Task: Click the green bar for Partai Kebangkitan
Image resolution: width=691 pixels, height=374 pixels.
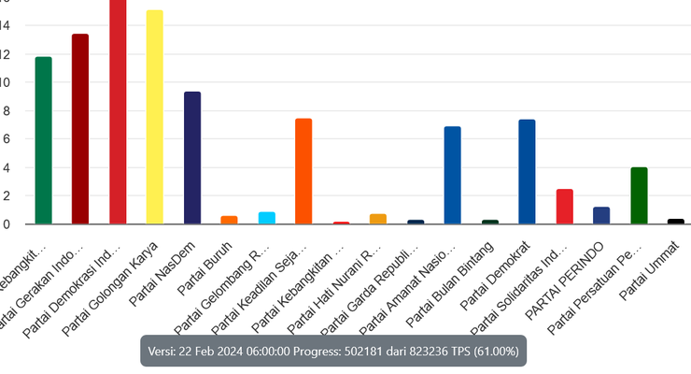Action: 43,140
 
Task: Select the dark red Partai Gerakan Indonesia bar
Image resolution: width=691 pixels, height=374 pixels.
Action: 80,129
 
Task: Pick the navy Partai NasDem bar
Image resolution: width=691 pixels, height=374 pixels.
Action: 191,157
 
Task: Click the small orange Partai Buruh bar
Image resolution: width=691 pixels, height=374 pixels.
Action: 229,220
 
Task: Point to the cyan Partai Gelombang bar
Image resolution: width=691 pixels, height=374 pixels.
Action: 266,218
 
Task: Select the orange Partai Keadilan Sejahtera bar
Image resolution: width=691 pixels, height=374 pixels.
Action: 303,171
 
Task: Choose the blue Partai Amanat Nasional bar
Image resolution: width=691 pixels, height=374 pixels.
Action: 452,175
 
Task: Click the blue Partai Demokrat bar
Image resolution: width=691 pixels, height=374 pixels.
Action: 527,171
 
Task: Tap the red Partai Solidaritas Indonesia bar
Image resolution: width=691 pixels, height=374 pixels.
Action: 564,207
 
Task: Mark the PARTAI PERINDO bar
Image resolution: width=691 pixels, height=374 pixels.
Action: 601,215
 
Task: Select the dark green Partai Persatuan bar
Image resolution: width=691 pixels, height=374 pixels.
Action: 639,195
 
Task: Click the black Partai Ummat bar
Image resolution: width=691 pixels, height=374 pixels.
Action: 676,222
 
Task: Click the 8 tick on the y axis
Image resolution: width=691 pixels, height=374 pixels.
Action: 5,110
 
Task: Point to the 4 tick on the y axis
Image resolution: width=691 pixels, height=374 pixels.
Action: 5,167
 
